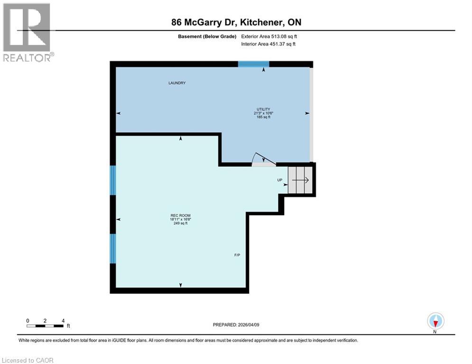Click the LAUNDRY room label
click(176, 83)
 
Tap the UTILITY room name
click(263, 109)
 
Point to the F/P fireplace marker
click(237, 255)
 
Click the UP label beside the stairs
click(280, 180)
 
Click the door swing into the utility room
click(263, 160)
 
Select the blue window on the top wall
click(253, 64)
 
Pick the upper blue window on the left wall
click(113, 180)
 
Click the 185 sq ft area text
click(263, 117)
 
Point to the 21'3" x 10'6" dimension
click(263, 113)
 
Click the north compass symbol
click(435, 321)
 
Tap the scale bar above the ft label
click(46, 326)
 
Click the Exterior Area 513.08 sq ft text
click(269, 36)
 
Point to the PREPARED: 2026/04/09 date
click(237, 325)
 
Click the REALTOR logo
click(28, 31)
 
